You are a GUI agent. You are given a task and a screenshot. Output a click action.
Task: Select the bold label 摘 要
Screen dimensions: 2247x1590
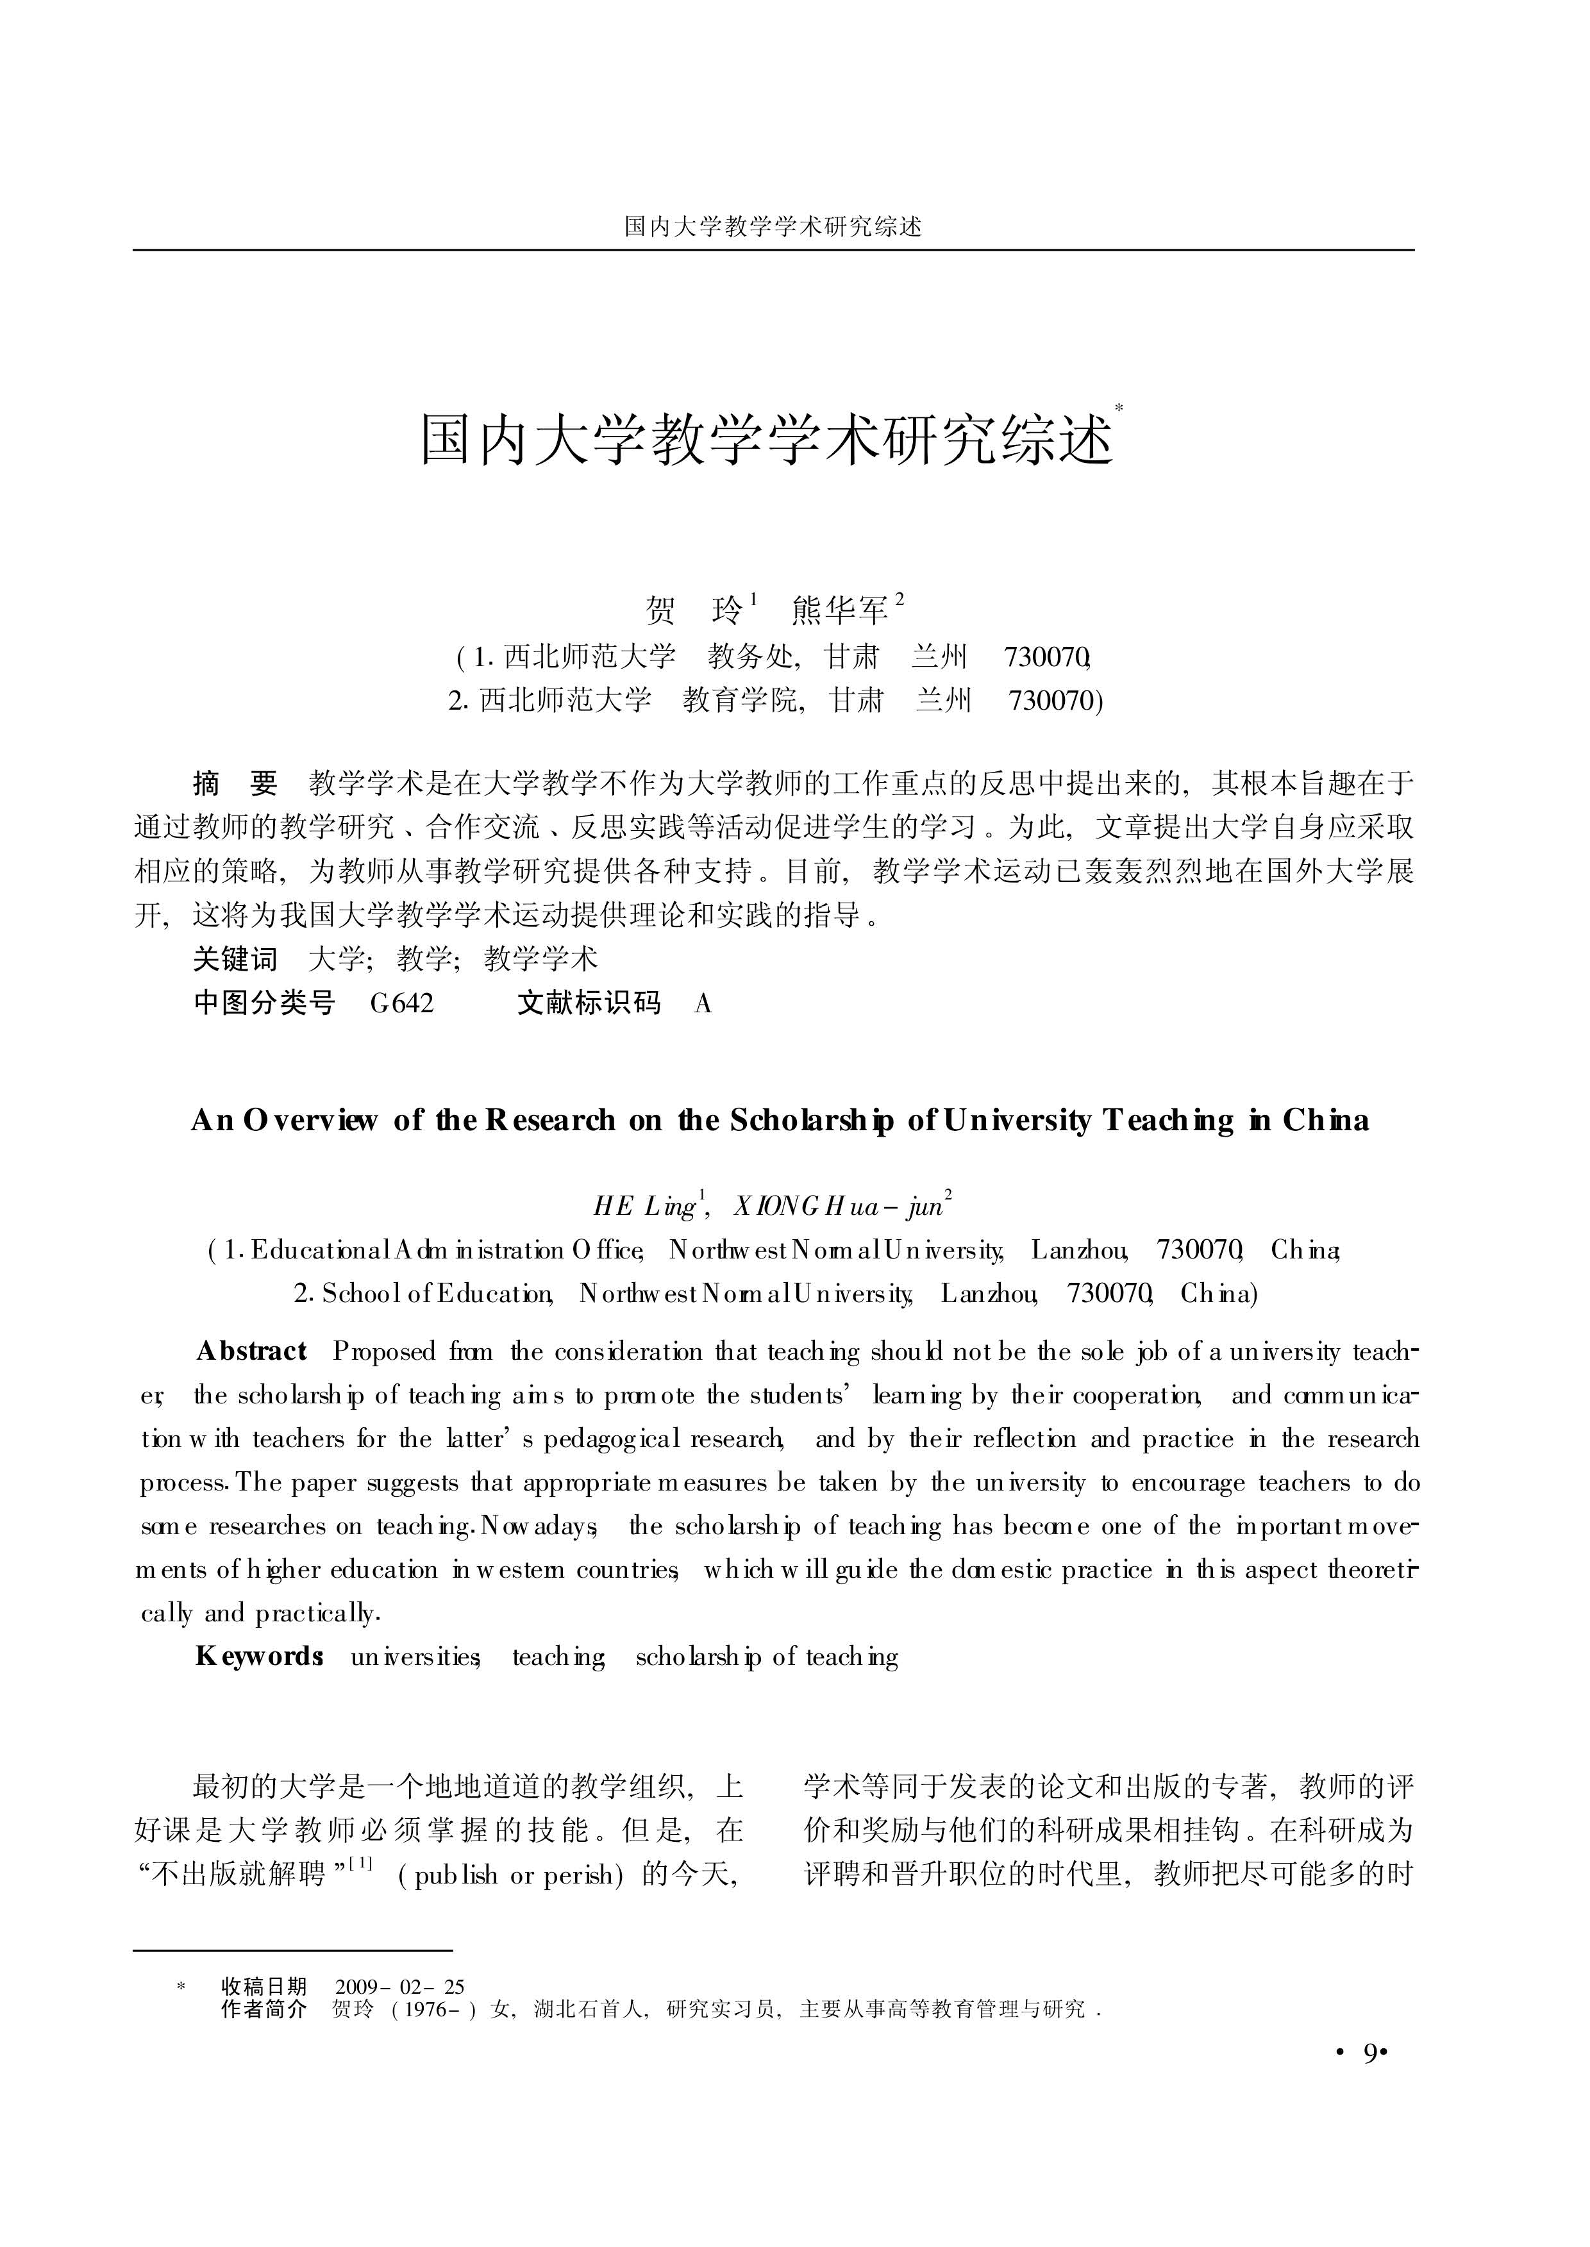[x=235, y=783]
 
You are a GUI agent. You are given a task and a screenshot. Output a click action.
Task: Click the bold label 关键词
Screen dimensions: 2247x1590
[x=235, y=960]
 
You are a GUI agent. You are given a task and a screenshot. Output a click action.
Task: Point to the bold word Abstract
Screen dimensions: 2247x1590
[x=251, y=1352]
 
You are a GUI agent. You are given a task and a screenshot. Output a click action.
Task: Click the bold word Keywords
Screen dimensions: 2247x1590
[x=260, y=1657]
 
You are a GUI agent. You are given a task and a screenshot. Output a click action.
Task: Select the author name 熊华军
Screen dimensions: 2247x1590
[x=839, y=611]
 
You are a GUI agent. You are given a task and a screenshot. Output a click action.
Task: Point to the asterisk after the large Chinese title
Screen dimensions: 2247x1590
[x=1119, y=406]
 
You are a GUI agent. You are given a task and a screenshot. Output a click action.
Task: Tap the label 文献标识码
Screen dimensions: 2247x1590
[x=589, y=1003]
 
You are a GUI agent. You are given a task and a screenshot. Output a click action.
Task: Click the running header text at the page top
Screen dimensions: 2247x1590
[x=773, y=227]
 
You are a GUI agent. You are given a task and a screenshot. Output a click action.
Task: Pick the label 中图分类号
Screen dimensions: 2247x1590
[x=264, y=1003]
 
